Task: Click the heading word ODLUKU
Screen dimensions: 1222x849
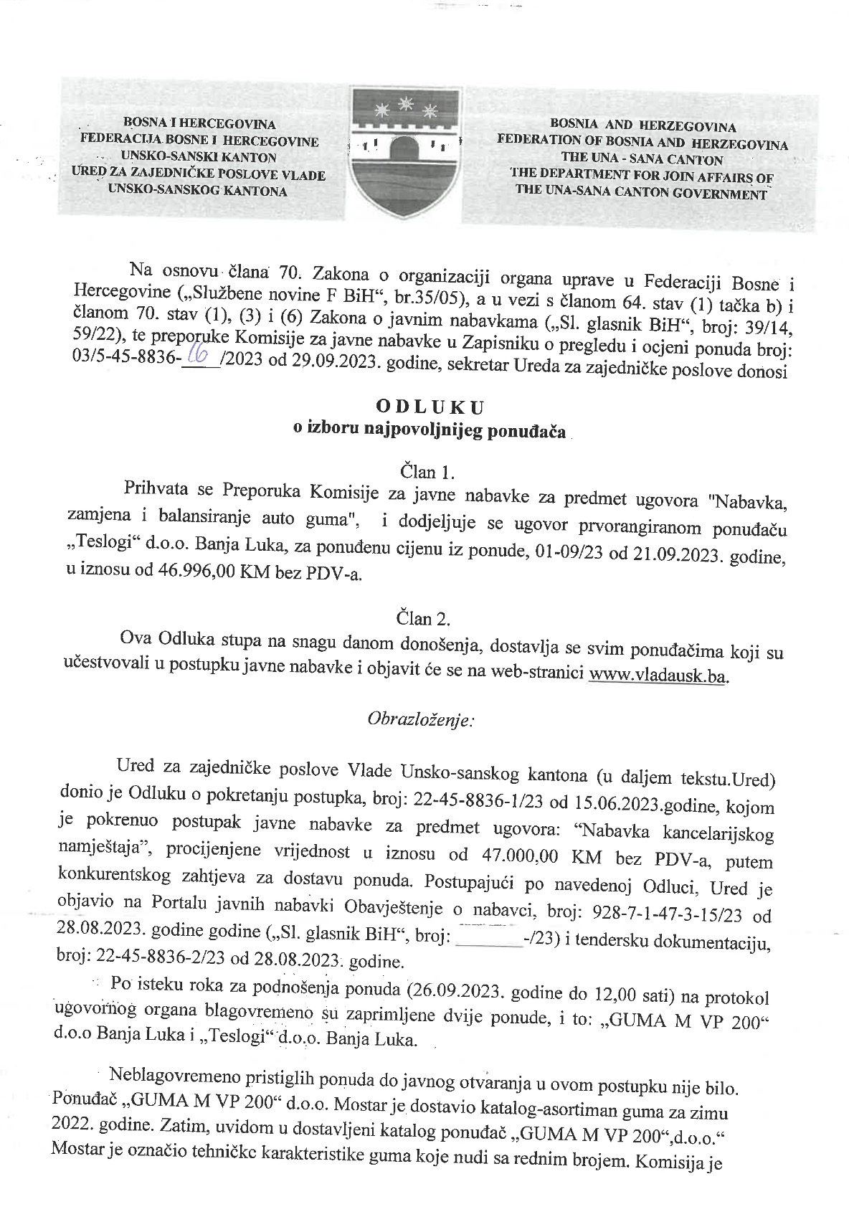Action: pos(431,407)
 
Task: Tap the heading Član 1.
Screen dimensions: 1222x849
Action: pos(426,471)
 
